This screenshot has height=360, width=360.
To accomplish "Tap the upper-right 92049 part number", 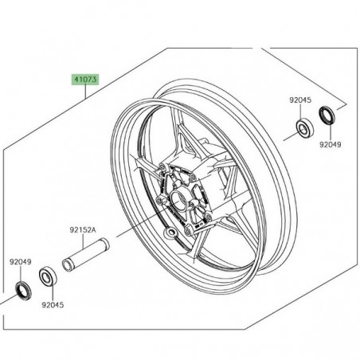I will coord(329,146).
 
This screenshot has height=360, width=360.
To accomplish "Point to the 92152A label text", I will coord(81,229).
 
